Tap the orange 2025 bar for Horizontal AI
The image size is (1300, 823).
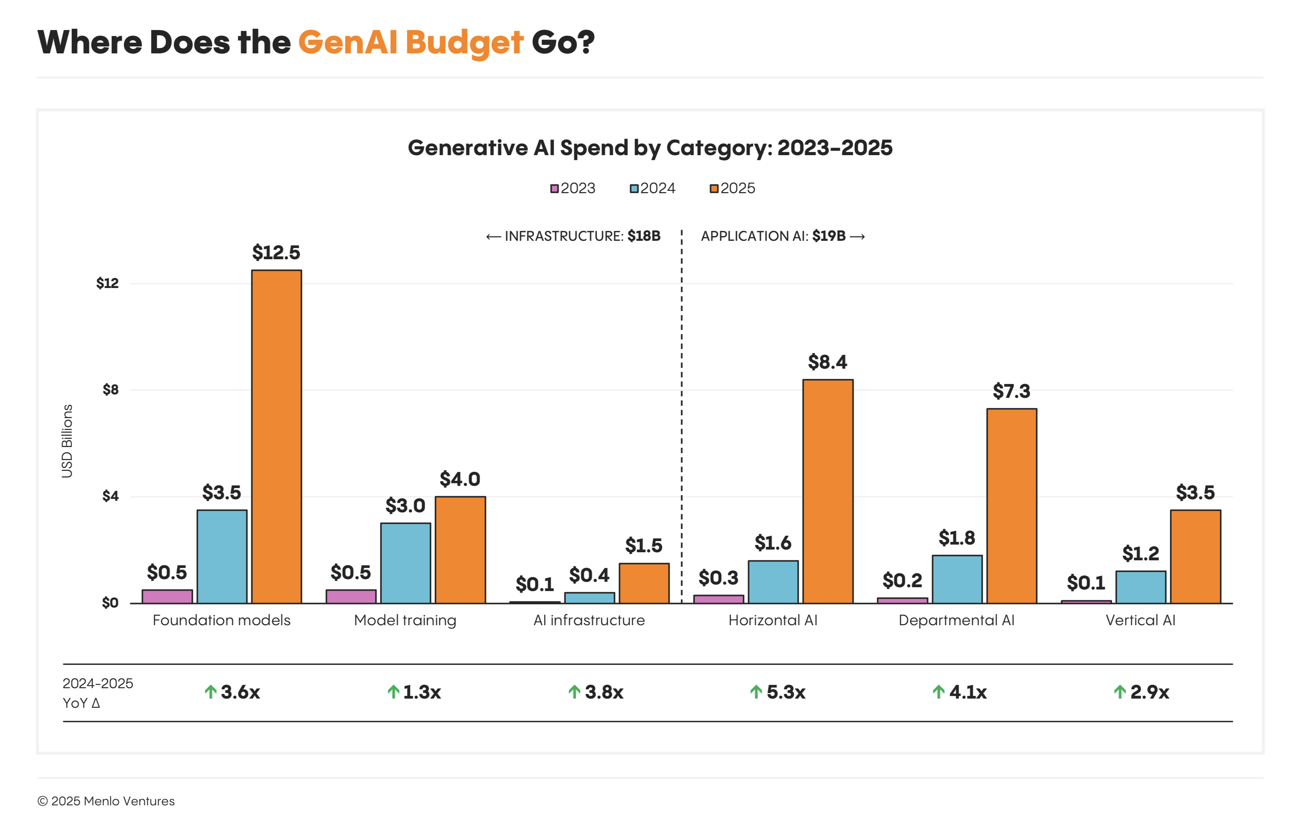(827, 491)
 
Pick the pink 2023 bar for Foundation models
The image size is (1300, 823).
(167, 596)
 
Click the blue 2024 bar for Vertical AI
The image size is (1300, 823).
(1141, 587)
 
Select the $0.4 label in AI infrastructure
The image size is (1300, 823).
(589, 575)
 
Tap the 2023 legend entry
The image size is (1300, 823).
(573, 188)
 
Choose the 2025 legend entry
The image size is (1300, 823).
(733, 188)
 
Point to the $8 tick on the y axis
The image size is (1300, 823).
(111, 390)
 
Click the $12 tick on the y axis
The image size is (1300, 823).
(108, 283)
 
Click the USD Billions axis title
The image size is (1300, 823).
(67, 441)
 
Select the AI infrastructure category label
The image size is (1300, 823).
(589, 621)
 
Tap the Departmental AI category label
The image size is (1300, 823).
(956, 621)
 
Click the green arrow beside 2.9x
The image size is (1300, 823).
(1120, 692)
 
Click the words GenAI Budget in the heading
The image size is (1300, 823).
(410, 43)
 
